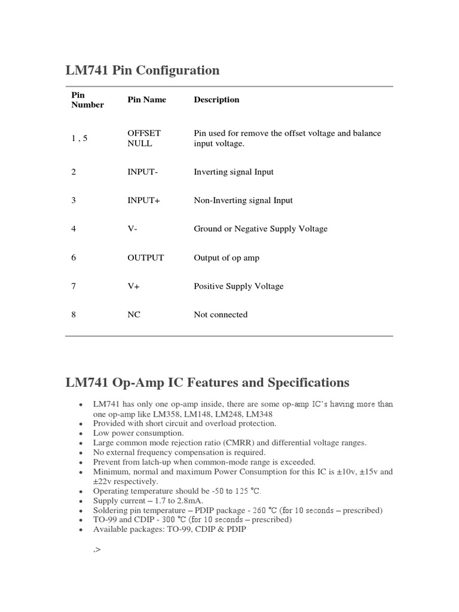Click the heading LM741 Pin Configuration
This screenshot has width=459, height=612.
coord(142,71)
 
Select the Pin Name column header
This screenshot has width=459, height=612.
coord(146,100)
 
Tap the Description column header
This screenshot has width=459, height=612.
coord(216,100)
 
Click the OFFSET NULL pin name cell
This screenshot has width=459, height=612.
coord(144,138)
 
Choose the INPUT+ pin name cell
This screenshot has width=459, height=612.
coord(144,201)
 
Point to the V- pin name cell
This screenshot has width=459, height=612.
coord(133,229)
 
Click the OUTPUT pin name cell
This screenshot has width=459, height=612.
coord(145,258)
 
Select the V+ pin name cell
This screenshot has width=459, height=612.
coord(134,286)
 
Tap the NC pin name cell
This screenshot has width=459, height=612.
coord(134,315)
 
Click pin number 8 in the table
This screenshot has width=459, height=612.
coord(74,315)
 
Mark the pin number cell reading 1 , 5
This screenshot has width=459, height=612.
coord(79,138)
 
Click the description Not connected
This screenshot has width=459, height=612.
coord(221,315)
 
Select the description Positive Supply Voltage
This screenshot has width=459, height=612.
coord(238,286)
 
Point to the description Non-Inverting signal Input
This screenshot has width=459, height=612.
coord(243,201)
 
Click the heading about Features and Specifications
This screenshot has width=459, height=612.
coord(207,382)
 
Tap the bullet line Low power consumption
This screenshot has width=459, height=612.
coord(139,433)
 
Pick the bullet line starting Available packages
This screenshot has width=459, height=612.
coord(169,529)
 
